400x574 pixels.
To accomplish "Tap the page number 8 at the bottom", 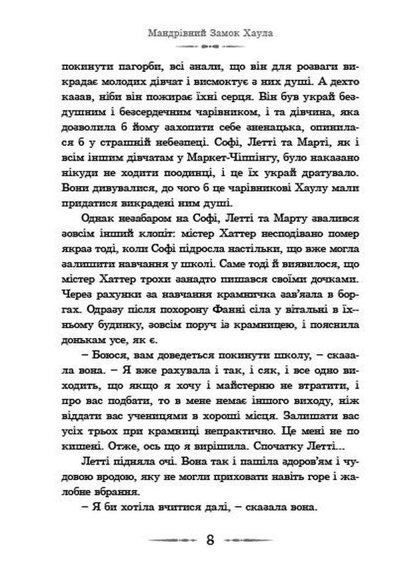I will (211, 539).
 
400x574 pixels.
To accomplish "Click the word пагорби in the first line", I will (121, 68).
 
